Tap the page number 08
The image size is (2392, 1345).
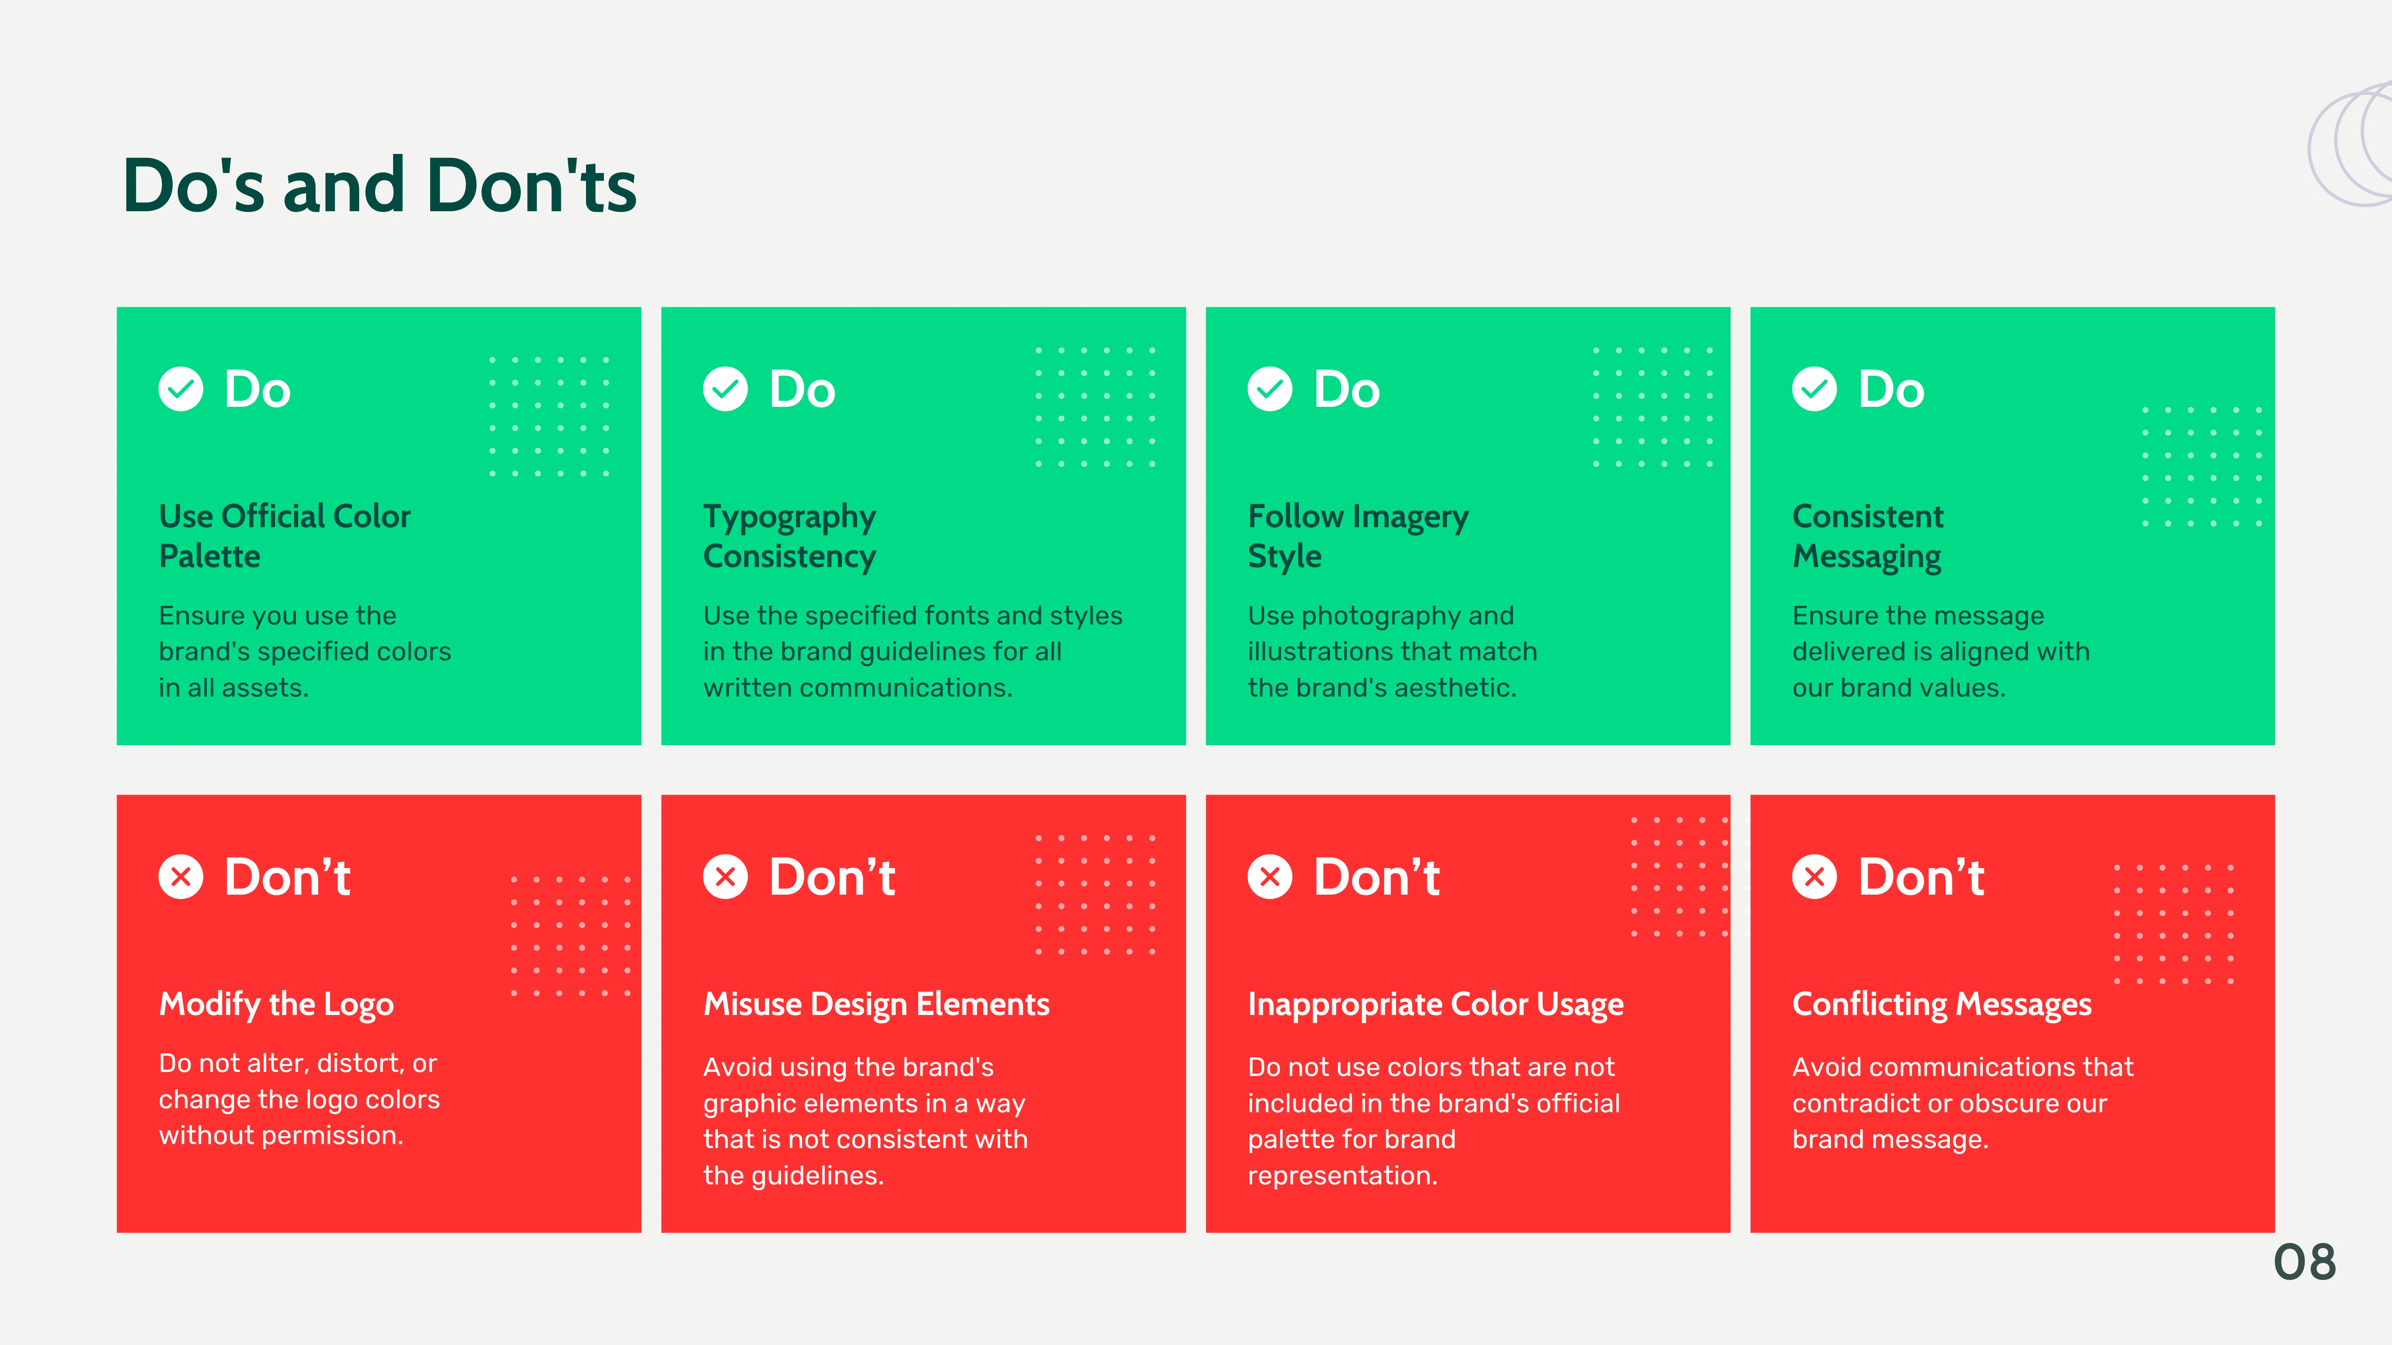pyautogui.click(x=2305, y=1263)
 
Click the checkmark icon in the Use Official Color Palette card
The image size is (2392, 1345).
pyautogui.click(x=181, y=389)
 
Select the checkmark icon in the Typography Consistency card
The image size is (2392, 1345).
pyautogui.click(x=725, y=389)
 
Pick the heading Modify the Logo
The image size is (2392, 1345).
pyautogui.click(x=277, y=1004)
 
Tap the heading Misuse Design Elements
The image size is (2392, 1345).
pyautogui.click(x=877, y=1004)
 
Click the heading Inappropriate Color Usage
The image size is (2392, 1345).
pyautogui.click(x=1436, y=1004)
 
